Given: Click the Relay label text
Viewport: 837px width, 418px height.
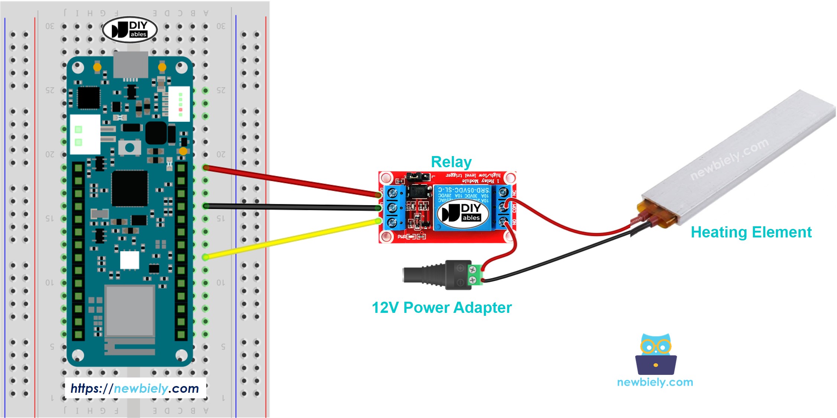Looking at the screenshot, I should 451,162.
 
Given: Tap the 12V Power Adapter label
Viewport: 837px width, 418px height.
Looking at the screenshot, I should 442,308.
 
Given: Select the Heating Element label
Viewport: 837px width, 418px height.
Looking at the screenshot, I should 751,232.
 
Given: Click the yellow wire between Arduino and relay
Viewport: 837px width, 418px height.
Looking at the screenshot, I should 290,239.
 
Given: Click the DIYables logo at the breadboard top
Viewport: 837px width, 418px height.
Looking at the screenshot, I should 130,29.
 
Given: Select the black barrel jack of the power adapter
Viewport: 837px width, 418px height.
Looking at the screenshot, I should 424,275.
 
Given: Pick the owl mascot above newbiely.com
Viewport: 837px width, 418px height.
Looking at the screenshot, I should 656,354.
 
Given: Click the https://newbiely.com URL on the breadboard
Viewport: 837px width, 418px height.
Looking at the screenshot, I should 135,388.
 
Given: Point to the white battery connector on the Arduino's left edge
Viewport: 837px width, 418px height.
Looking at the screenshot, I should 85,135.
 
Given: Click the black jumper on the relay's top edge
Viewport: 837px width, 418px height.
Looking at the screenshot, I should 418,176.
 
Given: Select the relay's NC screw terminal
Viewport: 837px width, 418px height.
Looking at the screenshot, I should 503,192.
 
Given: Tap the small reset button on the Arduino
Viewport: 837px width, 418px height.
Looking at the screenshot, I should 129,148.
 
